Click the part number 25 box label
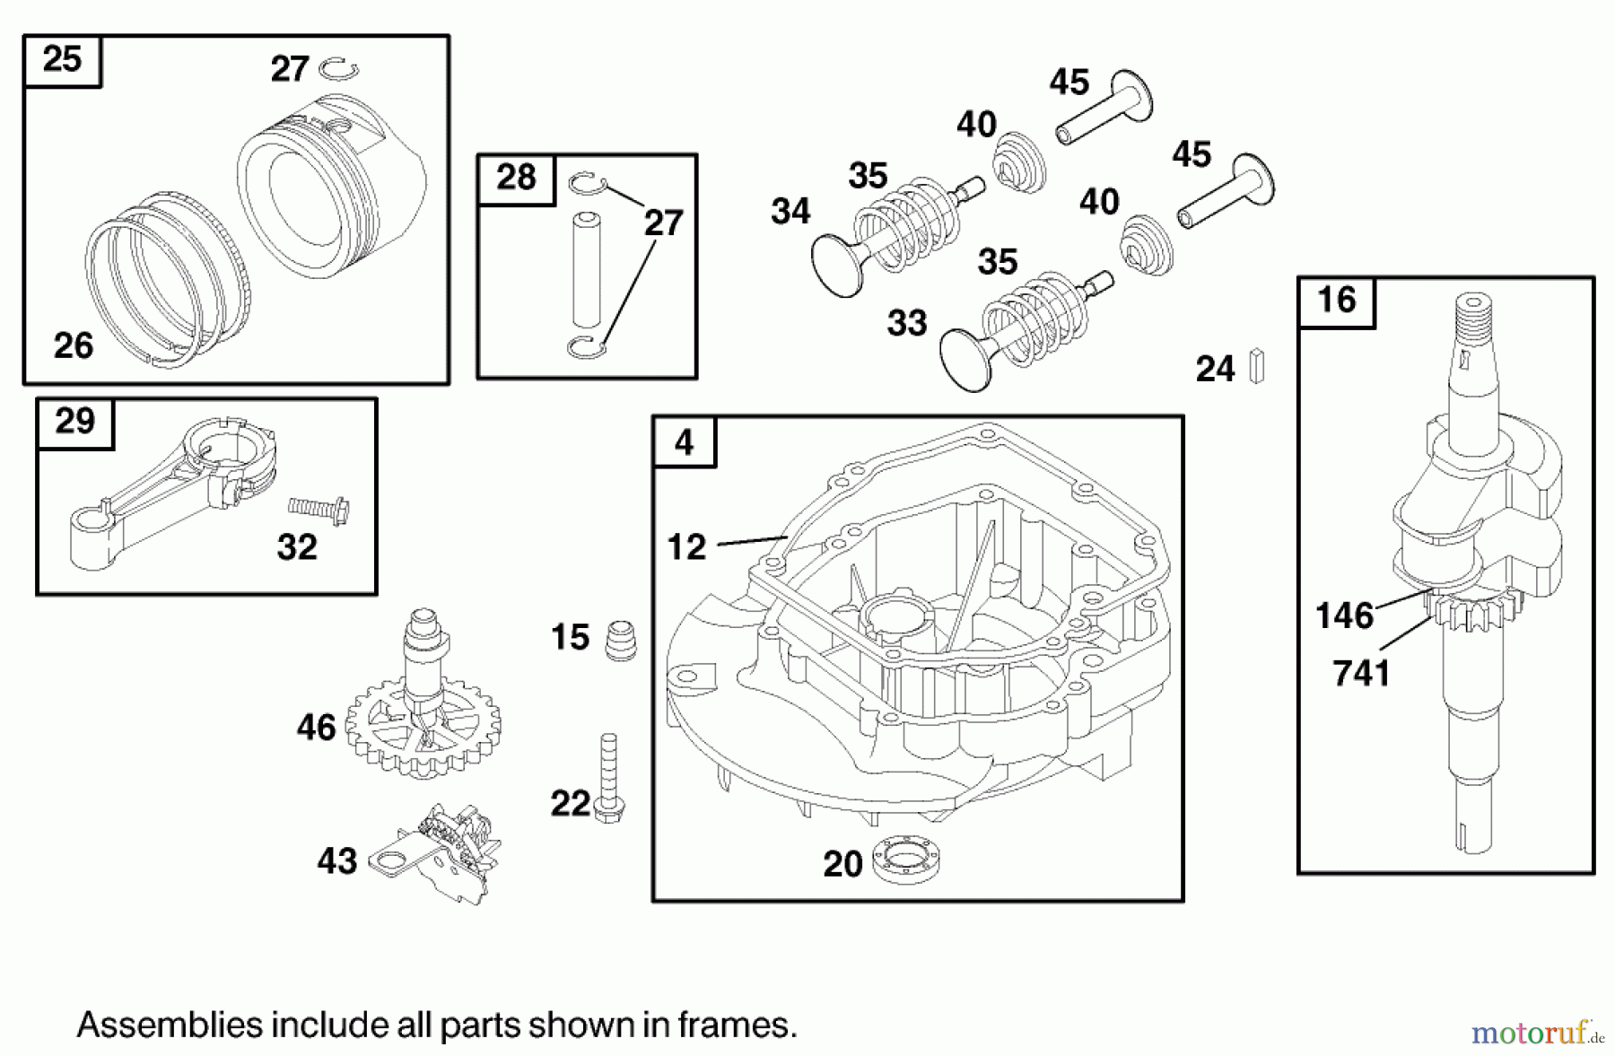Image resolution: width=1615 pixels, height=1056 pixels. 62,61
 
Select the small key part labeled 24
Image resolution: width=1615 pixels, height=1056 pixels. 1257,366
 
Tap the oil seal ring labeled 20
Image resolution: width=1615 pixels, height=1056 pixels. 906,860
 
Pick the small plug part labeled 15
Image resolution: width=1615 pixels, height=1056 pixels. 621,640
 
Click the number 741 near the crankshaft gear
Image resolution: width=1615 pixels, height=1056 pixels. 1361,673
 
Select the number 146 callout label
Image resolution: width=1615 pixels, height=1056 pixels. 1343,616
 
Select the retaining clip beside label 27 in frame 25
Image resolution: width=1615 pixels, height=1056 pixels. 340,68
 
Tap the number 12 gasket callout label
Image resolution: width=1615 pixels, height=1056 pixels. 686,546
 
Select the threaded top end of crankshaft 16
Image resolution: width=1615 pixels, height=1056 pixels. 1471,323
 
